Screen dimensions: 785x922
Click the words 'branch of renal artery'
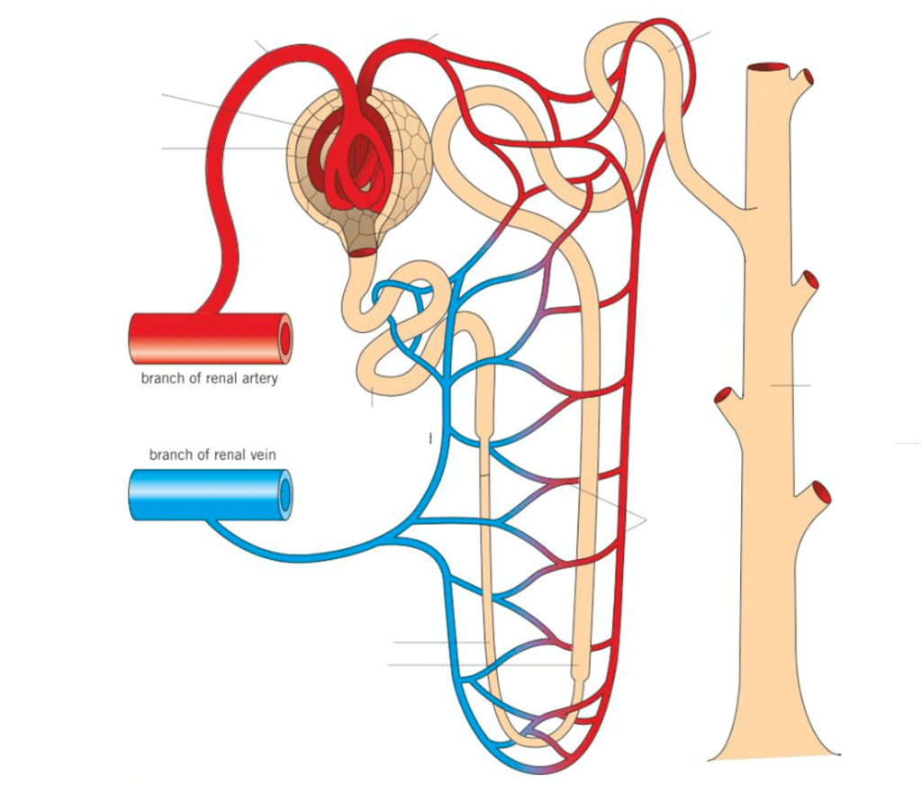[209, 378]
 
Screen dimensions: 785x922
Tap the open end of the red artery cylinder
[285, 338]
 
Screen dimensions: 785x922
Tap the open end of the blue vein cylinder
[285, 495]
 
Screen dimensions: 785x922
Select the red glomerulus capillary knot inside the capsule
[353, 162]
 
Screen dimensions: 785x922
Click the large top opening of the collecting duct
[770, 68]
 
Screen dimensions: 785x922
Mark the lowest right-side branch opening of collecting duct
[820, 492]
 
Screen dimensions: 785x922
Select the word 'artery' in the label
[257, 378]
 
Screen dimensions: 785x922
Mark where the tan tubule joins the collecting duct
[734, 203]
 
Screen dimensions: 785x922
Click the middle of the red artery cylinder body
[207, 338]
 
